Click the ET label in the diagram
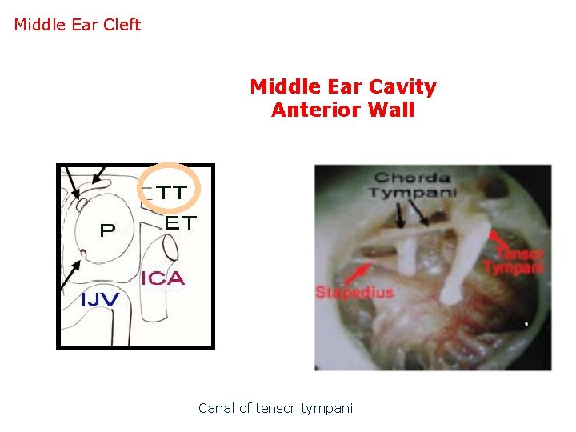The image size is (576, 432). click(x=180, y=223)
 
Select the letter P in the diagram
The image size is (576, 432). click(x=106, y=230)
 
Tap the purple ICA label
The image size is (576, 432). click(x=162, y=278)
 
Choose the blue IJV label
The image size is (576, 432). click(x=100, y=299)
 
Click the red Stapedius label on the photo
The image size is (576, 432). click(x=354, y=291)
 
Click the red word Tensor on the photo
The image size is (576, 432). click(x=525, y=254)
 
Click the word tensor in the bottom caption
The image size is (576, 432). click(x=277, y=408)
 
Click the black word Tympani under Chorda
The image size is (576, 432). click(x=413, y=192)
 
